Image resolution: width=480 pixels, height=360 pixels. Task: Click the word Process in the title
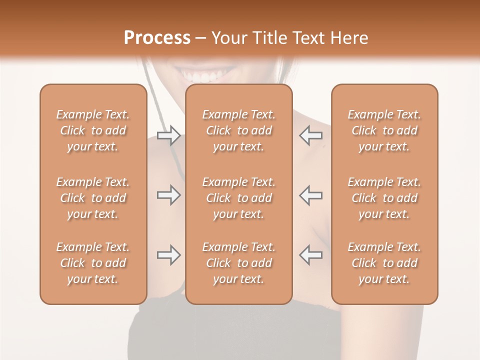point(157,38)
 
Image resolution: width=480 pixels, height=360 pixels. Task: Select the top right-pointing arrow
point(168,135)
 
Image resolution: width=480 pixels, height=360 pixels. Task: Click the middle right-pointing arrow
point(168,195)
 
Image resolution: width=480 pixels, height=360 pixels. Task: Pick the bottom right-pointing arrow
point(168,255)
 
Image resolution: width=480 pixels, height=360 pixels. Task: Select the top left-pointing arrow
point(310,135)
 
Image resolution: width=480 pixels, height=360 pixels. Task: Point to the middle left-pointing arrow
point(310,195)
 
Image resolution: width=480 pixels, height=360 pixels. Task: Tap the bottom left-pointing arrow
point(310,255)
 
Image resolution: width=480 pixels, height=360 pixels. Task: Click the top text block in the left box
point(93,130)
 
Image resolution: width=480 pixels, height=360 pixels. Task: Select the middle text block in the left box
point(93,198)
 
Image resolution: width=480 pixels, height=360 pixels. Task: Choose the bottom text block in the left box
point(93,263)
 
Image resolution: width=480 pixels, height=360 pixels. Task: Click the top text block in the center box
point(238,130)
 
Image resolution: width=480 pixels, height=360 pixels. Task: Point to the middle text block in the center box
point(238,198)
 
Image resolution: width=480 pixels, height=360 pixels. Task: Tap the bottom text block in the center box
point(238,263)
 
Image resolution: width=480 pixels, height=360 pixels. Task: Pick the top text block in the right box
point(384,130)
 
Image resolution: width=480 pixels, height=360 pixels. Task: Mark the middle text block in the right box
point(384,198)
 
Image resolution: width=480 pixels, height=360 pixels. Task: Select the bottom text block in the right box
point(384,263)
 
